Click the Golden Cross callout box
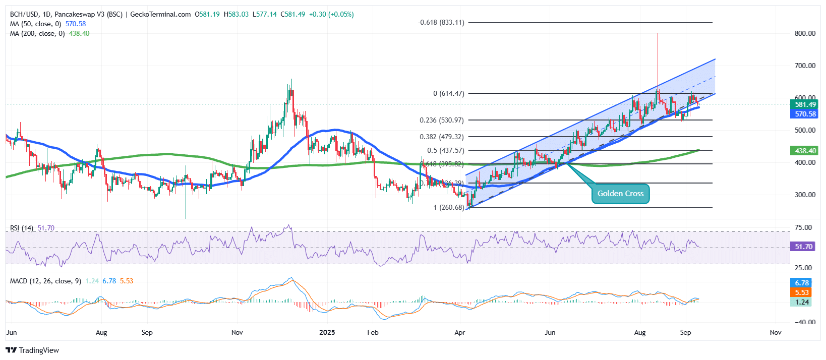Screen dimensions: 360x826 [x=620, y=194]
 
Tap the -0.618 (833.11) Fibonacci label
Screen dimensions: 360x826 [x=441, y=23]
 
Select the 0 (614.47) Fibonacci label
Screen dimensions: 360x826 [x=448, y=93]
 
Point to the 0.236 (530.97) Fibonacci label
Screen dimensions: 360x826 [x=441, y=120]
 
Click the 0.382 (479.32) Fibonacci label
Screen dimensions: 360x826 [x=441, y=137]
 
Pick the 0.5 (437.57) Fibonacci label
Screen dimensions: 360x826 [x=445, y=150]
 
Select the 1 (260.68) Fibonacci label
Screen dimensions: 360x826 [x=448, y=207]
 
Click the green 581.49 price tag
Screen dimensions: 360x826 [x=805, y=104]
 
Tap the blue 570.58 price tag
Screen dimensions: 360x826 [x=805, y=114]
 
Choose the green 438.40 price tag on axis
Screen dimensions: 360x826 [x=805, y=150]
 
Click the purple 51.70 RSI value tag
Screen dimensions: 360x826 [x=803, y=247]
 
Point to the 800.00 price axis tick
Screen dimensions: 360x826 [x=805, y=33]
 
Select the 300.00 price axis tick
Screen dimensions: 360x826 [x=805, y=195]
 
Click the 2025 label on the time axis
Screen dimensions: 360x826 [x=327, y=332]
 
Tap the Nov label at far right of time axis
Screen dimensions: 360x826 [x=776, y=332]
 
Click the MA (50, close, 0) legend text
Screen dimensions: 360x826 [x=35, y=24]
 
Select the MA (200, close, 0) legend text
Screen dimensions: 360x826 [x=37, y=33]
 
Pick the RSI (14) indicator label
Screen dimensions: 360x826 [x=22, y=228]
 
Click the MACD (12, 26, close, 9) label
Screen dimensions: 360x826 [x=45, y=281]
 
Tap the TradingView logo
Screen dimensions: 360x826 [x=32, y=350]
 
